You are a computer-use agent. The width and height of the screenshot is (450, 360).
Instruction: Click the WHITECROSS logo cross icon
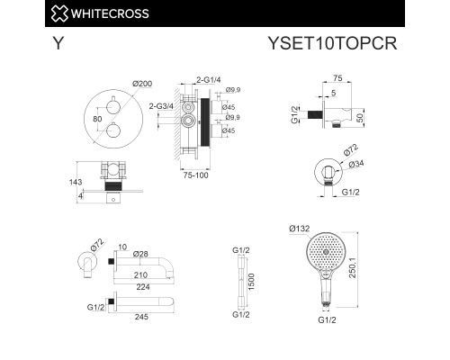59,13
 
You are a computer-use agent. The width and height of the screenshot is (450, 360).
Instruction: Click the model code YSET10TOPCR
332,43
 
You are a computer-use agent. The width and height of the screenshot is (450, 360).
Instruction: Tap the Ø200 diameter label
142,84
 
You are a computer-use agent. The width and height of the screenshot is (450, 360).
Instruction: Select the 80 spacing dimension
97,119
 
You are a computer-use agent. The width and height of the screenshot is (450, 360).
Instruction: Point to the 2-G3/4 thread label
161,106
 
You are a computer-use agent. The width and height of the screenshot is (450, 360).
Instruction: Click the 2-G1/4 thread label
209,80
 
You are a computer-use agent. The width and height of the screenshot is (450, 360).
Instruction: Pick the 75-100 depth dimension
195,175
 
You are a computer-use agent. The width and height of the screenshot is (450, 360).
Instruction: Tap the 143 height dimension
76,182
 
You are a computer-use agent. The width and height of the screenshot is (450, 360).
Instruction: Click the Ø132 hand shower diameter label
300,229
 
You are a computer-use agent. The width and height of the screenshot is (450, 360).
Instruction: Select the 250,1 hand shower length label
353,268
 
